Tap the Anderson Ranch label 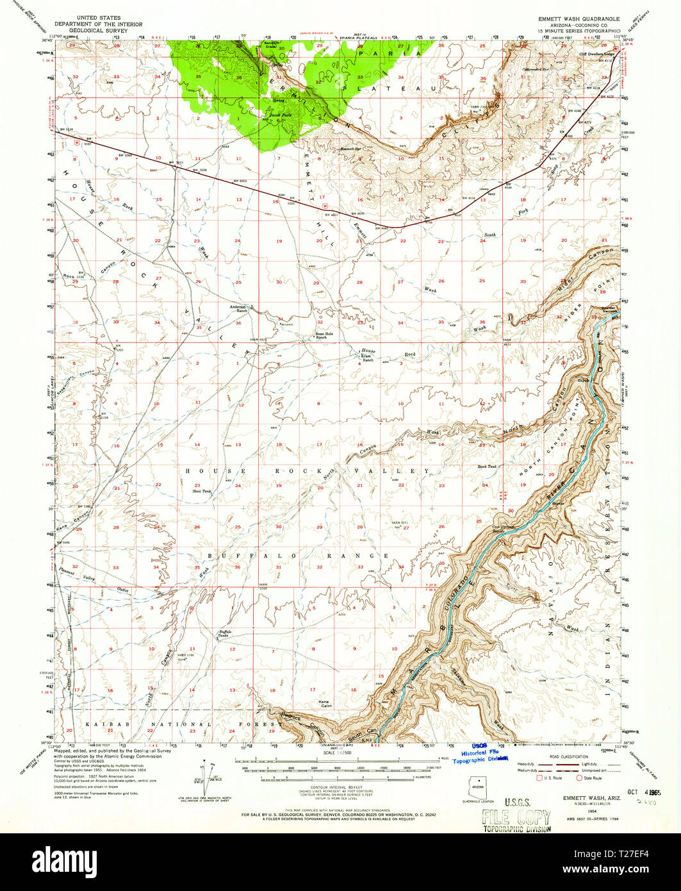pyautogui.click(x=238, y=308)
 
